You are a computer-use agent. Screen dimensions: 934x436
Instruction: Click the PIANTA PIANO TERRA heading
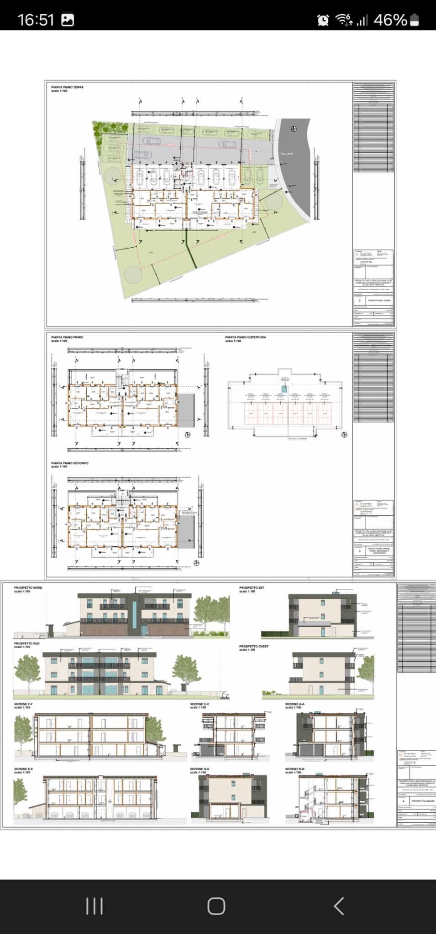coord(67,87)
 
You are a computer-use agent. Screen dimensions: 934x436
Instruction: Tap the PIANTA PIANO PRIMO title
coord(68,337)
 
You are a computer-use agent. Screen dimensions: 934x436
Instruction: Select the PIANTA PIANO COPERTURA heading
coord(245,337)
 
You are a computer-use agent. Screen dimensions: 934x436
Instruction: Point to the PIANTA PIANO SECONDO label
coord(70,463)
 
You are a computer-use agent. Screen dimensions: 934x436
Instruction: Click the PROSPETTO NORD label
coord(28,587)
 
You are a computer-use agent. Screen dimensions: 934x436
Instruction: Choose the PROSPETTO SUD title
coord(26,643)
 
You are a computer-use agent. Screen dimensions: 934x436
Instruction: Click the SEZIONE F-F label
coord(23,704)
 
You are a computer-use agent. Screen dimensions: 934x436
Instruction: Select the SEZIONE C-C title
coord(200,704)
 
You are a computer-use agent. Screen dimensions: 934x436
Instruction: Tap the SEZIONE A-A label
coord(294,704)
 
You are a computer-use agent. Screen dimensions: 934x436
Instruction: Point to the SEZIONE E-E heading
coord(23,769)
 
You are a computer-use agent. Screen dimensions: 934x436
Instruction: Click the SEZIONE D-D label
coord(200,769)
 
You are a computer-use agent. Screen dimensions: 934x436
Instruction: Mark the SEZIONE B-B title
coord(294,769)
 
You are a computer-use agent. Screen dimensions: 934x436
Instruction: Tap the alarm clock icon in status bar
coord(323,20)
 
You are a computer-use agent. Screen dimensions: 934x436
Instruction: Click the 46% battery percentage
coord(390,20)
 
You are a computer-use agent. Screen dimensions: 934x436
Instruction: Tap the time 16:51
coord(36,20)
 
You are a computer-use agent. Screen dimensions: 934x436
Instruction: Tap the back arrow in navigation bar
coord(338,906)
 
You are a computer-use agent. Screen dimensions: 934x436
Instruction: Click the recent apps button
coord(95,906)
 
